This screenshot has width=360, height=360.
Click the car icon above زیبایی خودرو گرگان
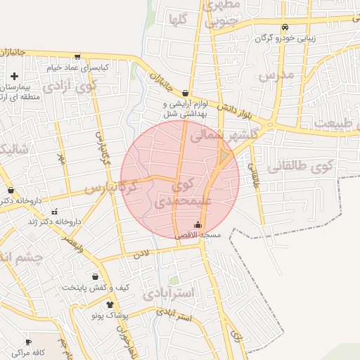(285, 27)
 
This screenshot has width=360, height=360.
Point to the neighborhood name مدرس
(275, 75)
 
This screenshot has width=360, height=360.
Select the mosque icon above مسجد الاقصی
(198, 226)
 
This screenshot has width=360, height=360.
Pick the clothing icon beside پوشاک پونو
(110, 304)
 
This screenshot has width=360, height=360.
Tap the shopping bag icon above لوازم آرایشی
(184, 93)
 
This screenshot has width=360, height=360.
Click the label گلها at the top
(177, 20)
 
